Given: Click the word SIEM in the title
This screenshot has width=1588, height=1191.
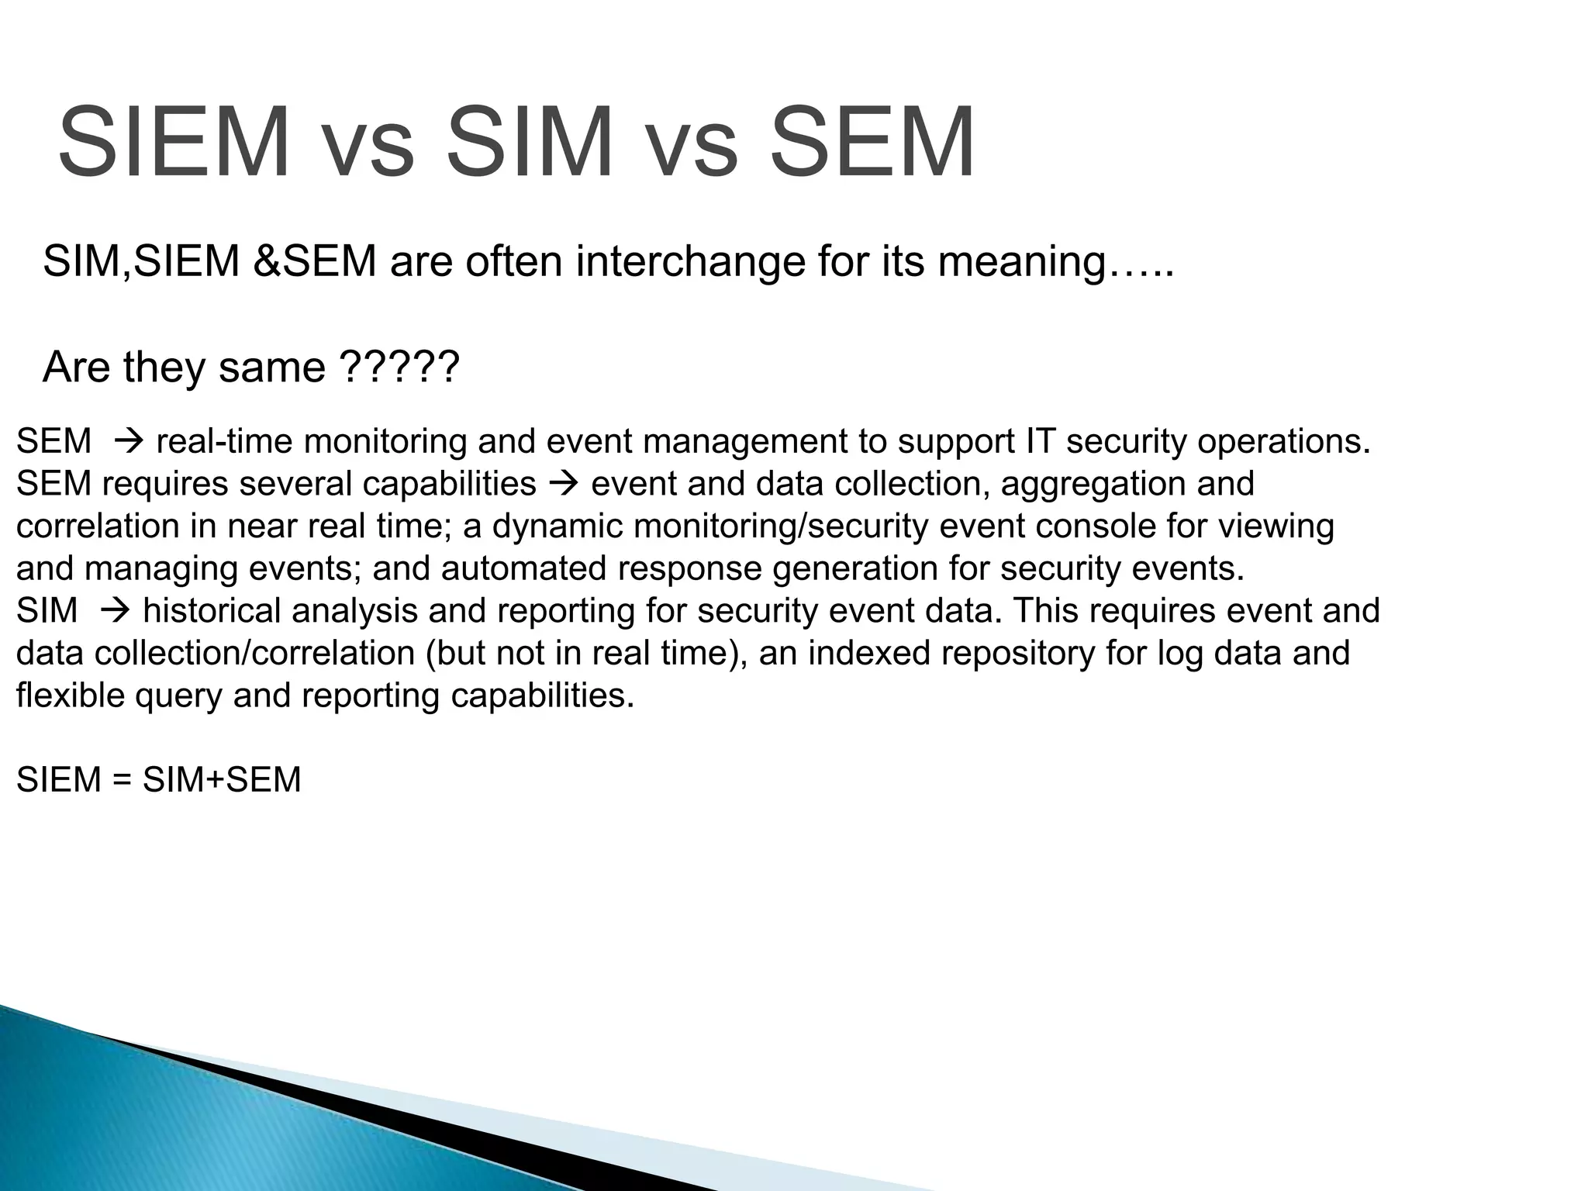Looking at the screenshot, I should (174, 143).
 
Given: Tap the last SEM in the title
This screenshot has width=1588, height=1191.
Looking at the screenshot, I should (872, 143).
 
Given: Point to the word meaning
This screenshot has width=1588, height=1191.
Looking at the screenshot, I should (1024, 261).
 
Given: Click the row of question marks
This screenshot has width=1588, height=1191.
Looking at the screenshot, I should (399, 367).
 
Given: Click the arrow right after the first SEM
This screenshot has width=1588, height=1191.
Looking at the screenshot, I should (125, 442).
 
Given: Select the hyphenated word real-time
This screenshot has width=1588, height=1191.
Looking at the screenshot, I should (225, 442).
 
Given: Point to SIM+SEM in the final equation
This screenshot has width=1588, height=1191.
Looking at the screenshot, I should (222, 780).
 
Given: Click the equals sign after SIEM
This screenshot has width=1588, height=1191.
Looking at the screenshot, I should (123, 780).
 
